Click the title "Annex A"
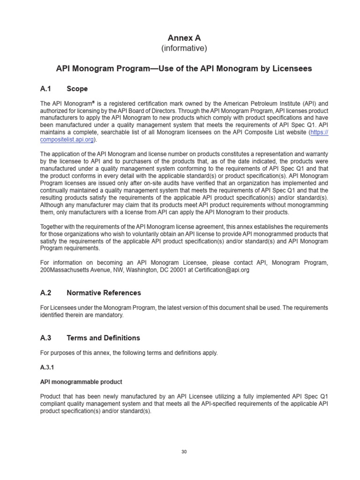pyautogui.click(x=184, y=37)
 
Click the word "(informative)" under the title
pyautogui.click(x=184, y=48)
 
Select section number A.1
pyautogui.click(x=46, y=89)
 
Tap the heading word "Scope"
pyautogui.click(x=77, y=89)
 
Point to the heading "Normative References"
pyautogui.click(x=104, y=293)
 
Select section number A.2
pyautogui.click(x=46, y=293)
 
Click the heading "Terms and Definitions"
pyautogui.click(x=103, y=338)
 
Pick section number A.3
pyautogui.click(x=46, y=338)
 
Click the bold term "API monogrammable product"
pyautogui.click(x=81, y=382)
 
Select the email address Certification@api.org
pyautogui.click(x=221, y=270)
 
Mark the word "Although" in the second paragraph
pyautogui.click(x=53, y=205)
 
